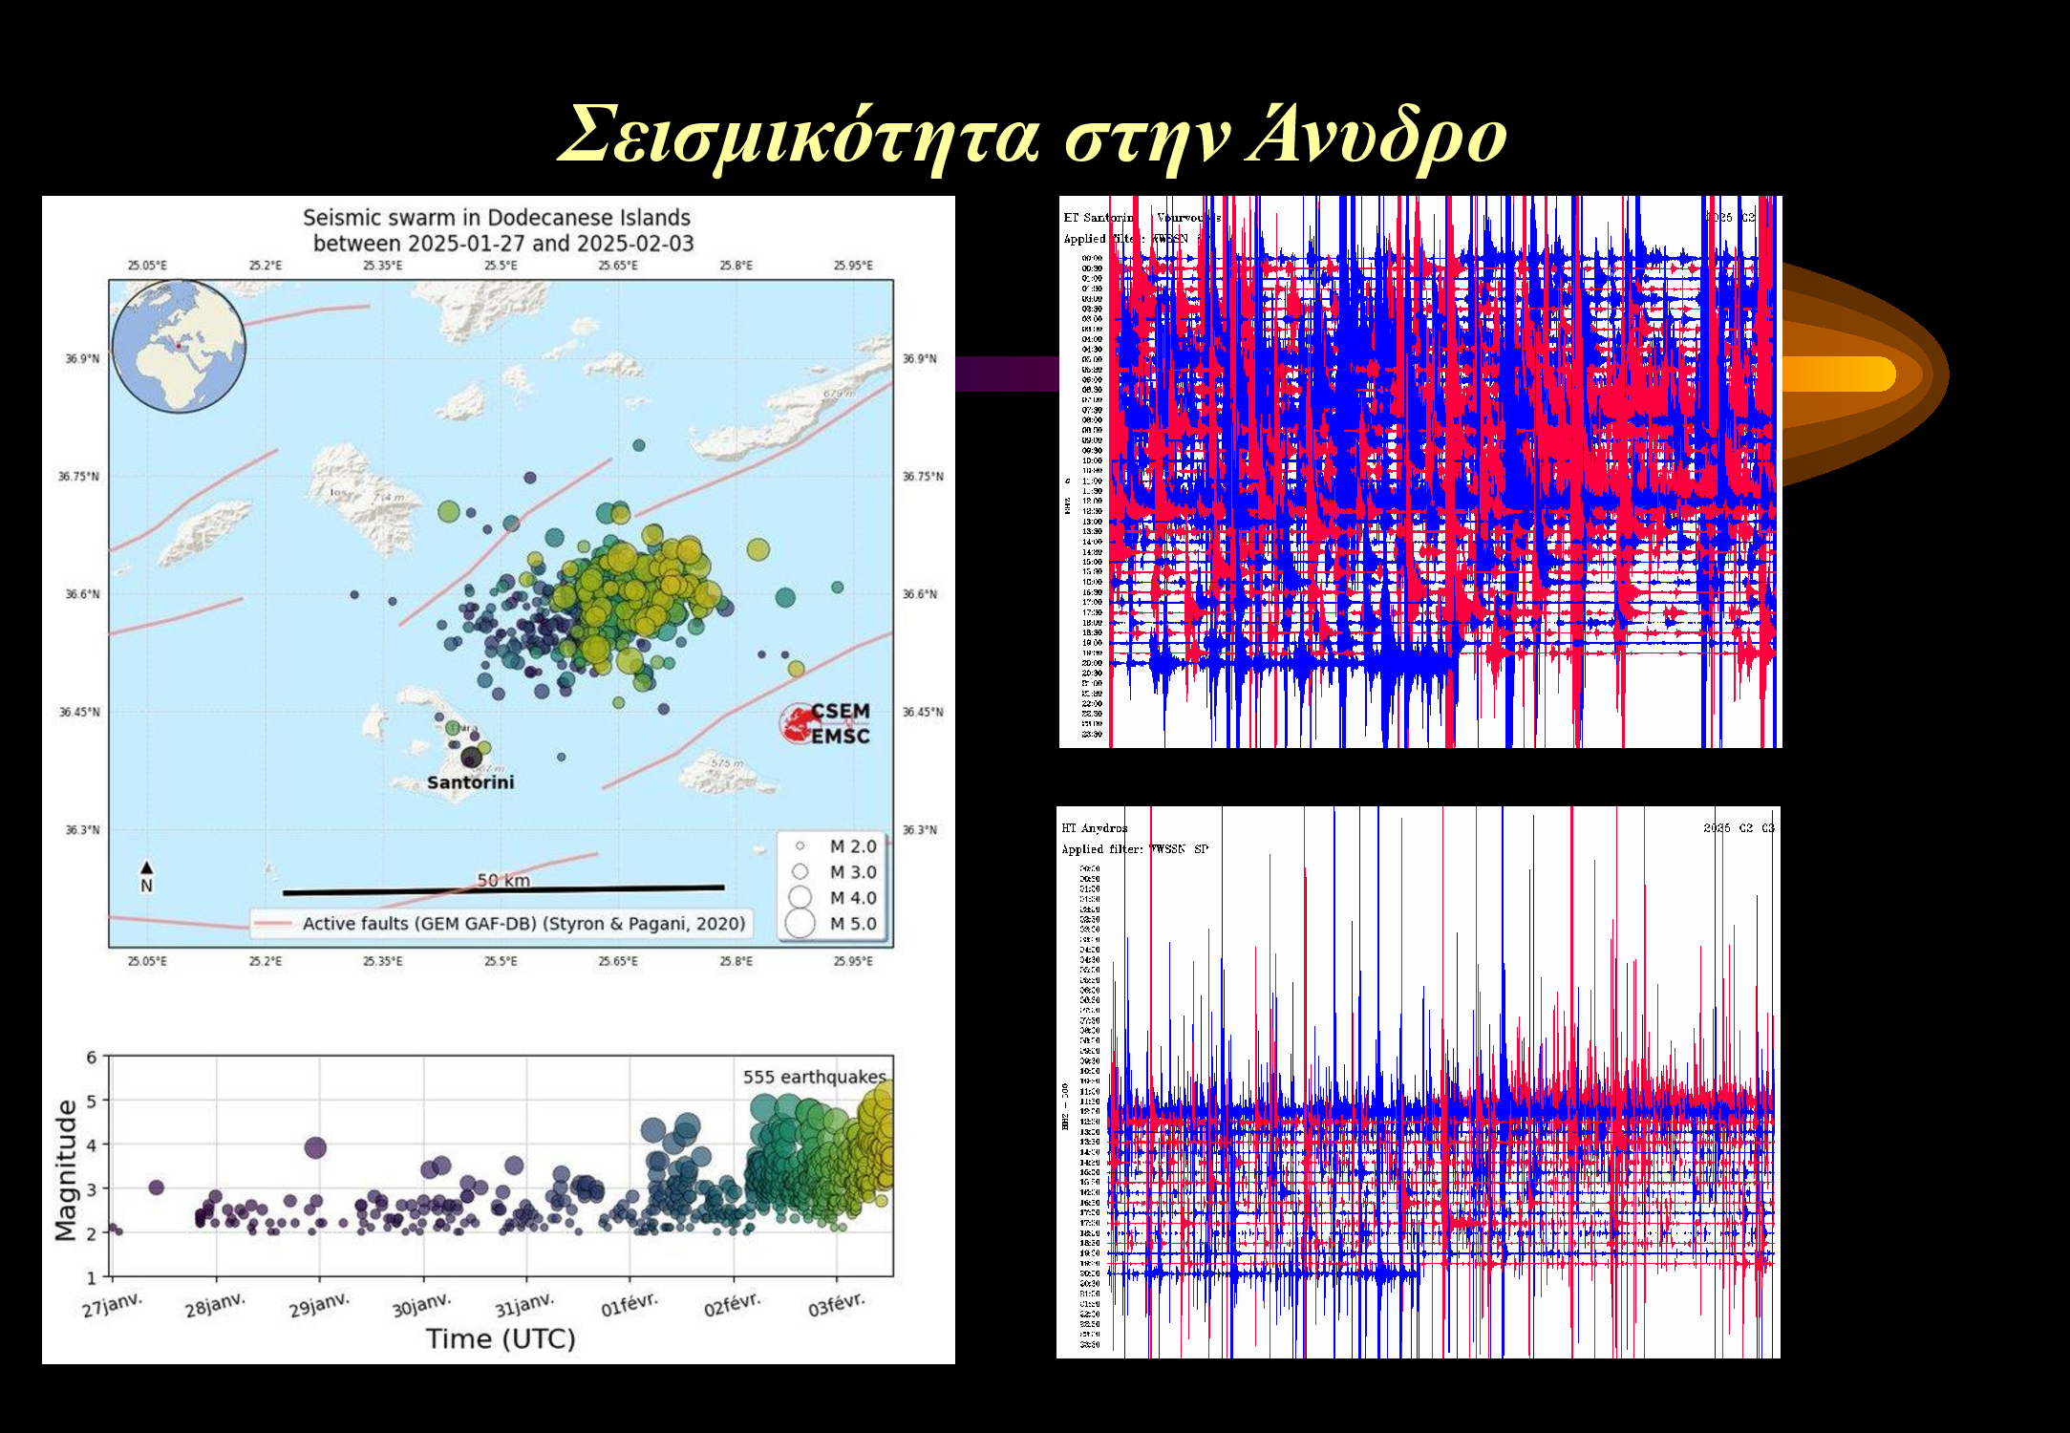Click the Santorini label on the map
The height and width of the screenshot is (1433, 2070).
[470, 782]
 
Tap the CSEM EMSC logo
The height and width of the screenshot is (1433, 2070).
[827, 723]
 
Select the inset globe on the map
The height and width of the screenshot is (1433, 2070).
[179, 346]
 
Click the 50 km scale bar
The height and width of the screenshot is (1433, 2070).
[503, 889]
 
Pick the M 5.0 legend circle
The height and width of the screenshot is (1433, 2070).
[800, 924]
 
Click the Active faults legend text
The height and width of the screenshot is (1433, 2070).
[523, 924]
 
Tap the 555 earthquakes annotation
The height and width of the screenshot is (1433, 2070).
[814, 1077]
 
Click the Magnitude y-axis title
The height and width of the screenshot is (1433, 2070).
[65, 1169]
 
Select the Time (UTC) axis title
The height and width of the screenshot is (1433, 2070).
[501, 1339]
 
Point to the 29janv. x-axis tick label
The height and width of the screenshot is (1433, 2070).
[319, 1305]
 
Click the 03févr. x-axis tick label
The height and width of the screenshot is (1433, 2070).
[836, 1305]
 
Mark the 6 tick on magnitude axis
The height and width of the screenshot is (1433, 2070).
[92, 1057]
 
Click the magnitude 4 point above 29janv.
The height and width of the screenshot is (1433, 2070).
[315, 1147]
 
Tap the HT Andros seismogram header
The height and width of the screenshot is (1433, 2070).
[1094, 828]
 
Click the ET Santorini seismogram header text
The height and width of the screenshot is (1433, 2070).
[1099, 218]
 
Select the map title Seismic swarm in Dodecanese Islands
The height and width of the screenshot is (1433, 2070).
[497, 218]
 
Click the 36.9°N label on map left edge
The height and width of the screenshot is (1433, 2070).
[81, 359]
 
